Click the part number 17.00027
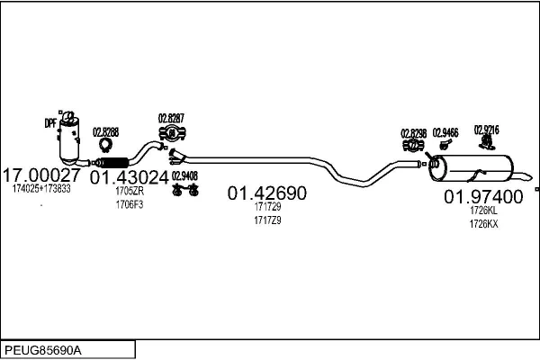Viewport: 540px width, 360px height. [42, 175]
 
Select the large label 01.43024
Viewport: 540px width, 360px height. [129, 177]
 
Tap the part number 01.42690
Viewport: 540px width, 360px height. [266, 193]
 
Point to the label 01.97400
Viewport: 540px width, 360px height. [483, 196]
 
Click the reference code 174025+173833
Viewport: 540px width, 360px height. [41, 189]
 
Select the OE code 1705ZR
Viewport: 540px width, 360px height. [129, 192]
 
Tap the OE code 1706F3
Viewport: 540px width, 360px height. [129, 204]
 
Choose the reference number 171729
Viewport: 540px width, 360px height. [267, 207]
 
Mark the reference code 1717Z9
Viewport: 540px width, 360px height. [267, 220]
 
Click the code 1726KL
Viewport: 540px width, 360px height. [483, 211]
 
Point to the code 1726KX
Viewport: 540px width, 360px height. [483, 224]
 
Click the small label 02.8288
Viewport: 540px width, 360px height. [105, 130]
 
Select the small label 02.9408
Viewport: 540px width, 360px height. [184, 175]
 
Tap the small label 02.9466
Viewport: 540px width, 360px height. [445, 131]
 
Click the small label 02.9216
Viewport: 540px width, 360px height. [486, 130]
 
